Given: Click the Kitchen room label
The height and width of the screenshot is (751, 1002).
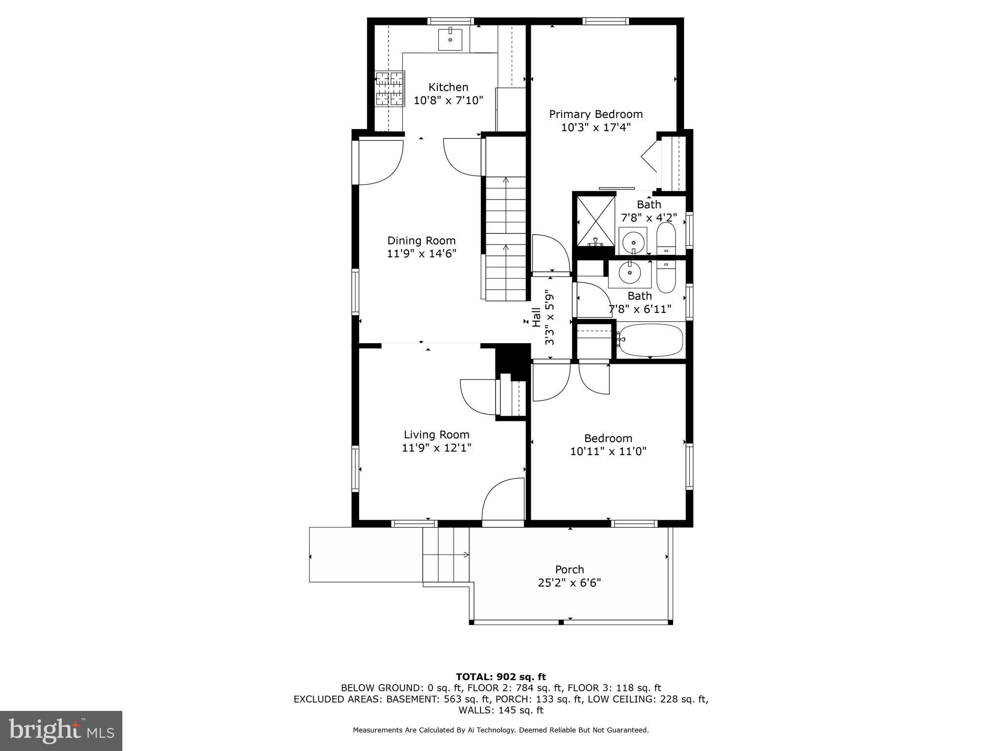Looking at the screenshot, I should coord(448,88).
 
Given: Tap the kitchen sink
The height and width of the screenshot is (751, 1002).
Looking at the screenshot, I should coord(450,39).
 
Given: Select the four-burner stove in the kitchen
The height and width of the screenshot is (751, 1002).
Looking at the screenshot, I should coord(390,89).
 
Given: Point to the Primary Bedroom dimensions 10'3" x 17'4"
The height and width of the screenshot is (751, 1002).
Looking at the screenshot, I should coord(595,128).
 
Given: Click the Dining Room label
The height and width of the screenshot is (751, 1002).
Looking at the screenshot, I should coord(421,241).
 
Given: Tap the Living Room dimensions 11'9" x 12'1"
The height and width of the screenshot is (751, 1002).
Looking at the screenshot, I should coord(436,448).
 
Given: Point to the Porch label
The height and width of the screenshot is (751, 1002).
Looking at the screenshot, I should coord(569,570).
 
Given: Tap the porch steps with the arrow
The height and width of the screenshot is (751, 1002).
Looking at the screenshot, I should coord(445,555).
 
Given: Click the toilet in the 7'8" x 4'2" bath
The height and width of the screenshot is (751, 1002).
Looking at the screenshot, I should coord(665,239).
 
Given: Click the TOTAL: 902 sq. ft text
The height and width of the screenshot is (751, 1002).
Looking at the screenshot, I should coord(501,677).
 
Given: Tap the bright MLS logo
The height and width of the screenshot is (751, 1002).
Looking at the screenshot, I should coord(61,730).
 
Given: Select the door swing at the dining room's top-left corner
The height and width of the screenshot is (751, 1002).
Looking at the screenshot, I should coord(381,162).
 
